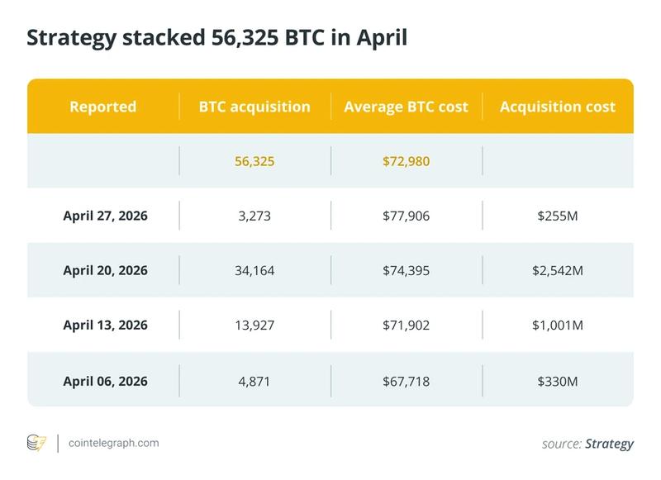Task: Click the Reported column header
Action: (x=103, y=107)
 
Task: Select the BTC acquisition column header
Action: (x=254, y=107)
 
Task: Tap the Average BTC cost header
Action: (x=406, y=107)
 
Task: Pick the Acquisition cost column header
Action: (x=558, y=107)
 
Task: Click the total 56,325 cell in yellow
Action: (x=254, y=161)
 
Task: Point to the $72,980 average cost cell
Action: (x=406, y=161)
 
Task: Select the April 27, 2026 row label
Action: (x=105, y=216)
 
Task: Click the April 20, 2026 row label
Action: (x=105, y=270)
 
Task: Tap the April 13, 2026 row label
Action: (x=105, y=325)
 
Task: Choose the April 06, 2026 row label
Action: (x=105, y=379)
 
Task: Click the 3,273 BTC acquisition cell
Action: (x=254, y=216)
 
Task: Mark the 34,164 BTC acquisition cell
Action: (x=254, y=270)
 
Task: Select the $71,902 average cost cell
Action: (x=406, y=325)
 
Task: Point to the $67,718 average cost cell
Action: (x=406, y=379)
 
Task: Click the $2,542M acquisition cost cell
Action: (x=558, y=270)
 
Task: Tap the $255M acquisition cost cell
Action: (x=558, y=216)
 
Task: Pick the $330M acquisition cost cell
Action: (x=558, y=379)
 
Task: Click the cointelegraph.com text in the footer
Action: (x=114, y=443)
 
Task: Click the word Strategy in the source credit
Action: (x=609, y=444)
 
